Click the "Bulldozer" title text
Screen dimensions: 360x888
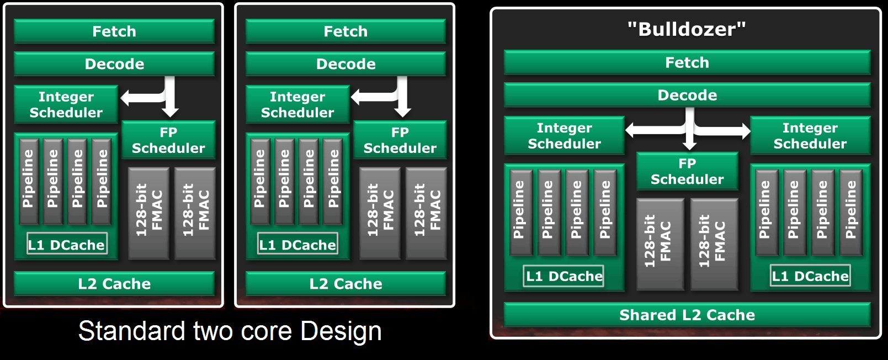point(687,29)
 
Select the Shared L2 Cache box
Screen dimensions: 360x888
point(687,315)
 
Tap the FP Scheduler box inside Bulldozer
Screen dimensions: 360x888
point(687,172)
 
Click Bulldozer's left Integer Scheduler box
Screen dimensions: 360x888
point(564,136)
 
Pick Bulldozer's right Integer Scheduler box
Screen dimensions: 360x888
point(810,136)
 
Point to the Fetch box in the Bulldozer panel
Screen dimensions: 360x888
point(687,62)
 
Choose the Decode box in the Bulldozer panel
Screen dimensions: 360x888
point(687,95)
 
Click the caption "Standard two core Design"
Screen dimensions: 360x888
point(230,331)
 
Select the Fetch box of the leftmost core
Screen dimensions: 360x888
point(114,31)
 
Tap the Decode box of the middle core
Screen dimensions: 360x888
point(345,64)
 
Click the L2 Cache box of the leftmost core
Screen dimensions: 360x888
point(114,284)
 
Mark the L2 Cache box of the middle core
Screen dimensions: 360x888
point(345,284)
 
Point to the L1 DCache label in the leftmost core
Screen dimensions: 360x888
point(67,245)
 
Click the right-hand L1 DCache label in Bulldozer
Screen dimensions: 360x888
point(810,276)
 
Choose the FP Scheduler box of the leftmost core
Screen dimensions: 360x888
point(168,140)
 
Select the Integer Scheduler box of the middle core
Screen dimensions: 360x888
point(297,104)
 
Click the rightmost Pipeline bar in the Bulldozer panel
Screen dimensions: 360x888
point(850,211)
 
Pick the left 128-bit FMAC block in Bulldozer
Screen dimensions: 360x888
point(660,243)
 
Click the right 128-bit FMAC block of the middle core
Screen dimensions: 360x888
point(427,213)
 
